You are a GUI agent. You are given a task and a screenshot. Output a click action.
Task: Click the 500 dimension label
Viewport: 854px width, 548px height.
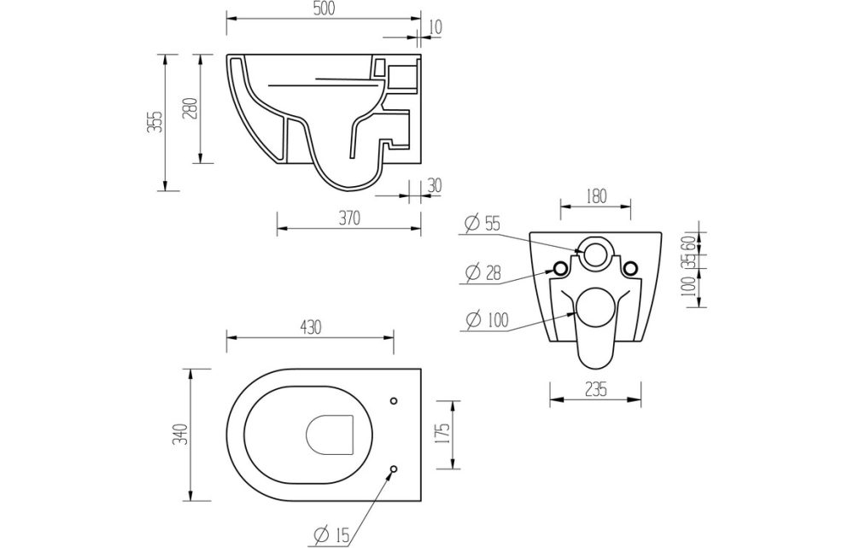point(323,9)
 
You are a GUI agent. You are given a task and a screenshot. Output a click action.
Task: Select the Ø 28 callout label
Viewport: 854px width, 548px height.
point(483,273)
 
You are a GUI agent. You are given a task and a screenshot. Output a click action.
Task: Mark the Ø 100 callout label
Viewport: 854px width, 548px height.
point(486,321)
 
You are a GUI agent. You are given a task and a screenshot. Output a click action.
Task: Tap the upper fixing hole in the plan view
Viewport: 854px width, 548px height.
point(394,400)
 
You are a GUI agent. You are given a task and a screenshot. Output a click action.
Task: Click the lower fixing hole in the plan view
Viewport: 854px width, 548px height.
point(394,469)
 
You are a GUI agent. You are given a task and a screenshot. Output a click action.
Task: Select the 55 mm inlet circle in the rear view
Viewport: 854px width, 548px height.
point(594,251)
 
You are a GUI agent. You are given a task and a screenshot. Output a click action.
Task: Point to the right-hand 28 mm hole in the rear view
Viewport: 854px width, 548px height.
point(630,268)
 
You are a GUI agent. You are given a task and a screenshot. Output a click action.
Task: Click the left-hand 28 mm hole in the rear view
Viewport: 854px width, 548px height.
point(561,268)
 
